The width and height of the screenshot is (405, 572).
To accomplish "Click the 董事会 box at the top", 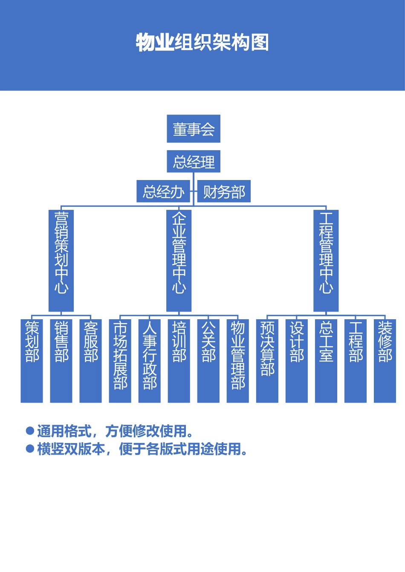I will coord(193,129).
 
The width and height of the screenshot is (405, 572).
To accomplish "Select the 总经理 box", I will coord(193,161).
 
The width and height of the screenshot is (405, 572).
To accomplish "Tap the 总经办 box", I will coord(163,192).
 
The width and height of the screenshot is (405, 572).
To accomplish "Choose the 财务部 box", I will coord(224,192).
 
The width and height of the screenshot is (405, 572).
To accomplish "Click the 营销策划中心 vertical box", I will coord(61,260).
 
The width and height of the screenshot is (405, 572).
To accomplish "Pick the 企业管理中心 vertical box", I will coord(179,260).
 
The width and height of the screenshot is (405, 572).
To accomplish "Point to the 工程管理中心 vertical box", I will coord(326,260).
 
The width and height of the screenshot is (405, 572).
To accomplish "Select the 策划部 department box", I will coord(32,360).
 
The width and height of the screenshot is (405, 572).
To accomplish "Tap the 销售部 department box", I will coord(61,360).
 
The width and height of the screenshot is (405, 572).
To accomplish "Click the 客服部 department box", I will coord(90,360).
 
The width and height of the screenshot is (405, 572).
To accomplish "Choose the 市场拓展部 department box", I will coord(120,360).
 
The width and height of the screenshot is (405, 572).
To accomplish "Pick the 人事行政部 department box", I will coord(149,360).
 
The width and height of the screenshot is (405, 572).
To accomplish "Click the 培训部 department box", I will coord(179,360).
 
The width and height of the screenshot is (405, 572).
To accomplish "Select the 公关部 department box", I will coord(208,360).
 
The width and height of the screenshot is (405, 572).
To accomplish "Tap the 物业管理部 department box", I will coord(237,360).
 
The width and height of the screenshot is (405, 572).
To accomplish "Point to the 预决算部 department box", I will coord(267,360).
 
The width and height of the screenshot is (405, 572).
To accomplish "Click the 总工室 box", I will coord(326,360).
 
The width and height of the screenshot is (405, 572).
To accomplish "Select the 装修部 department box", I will coord(385,360).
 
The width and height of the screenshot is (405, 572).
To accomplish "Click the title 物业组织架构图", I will coord(202,43).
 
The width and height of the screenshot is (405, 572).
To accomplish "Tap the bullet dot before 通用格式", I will coord(30,431).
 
